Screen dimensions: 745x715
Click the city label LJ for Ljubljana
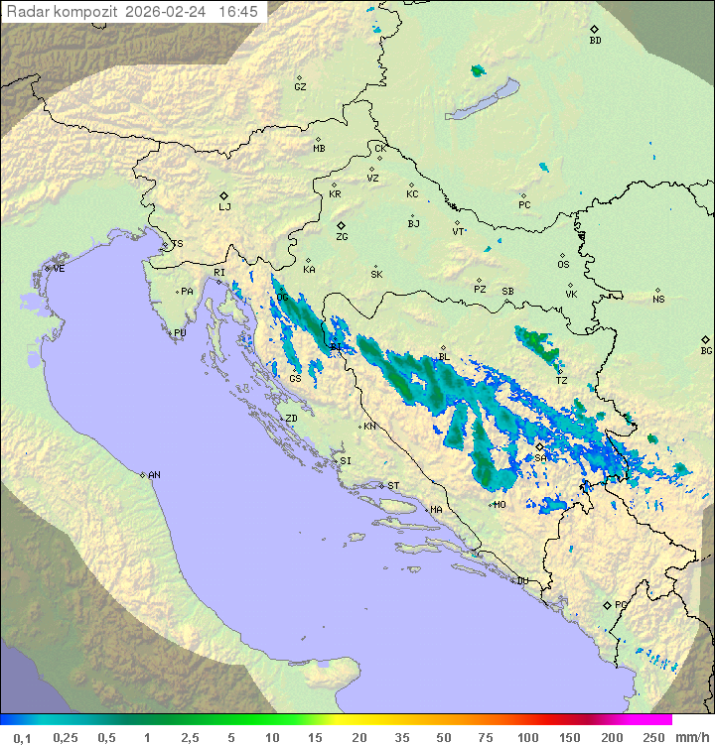[x=224, y=207]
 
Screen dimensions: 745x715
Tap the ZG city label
[x=342, y=237]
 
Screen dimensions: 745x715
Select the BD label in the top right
[x=595, y=41]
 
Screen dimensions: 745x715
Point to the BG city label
[x=706, y=350]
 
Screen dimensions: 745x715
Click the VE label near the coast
[x=59, y=269]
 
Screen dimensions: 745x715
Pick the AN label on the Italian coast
[x=154, y=475]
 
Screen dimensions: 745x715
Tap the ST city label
[x=393, y=486]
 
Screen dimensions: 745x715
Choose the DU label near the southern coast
[x=521, y=581]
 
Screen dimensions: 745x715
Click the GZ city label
[x=300, y=87]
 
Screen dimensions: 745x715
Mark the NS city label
[x=658, y=300]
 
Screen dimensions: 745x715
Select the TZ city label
[x=561, y=380]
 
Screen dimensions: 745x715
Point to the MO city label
[x=500, y=505]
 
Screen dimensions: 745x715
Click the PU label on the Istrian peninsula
[x=180, y=333]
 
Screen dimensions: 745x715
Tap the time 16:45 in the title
[x=238, y=12]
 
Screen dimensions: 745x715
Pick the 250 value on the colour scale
[x=653, y=737]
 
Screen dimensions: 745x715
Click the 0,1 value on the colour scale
[x=23, y=737]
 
